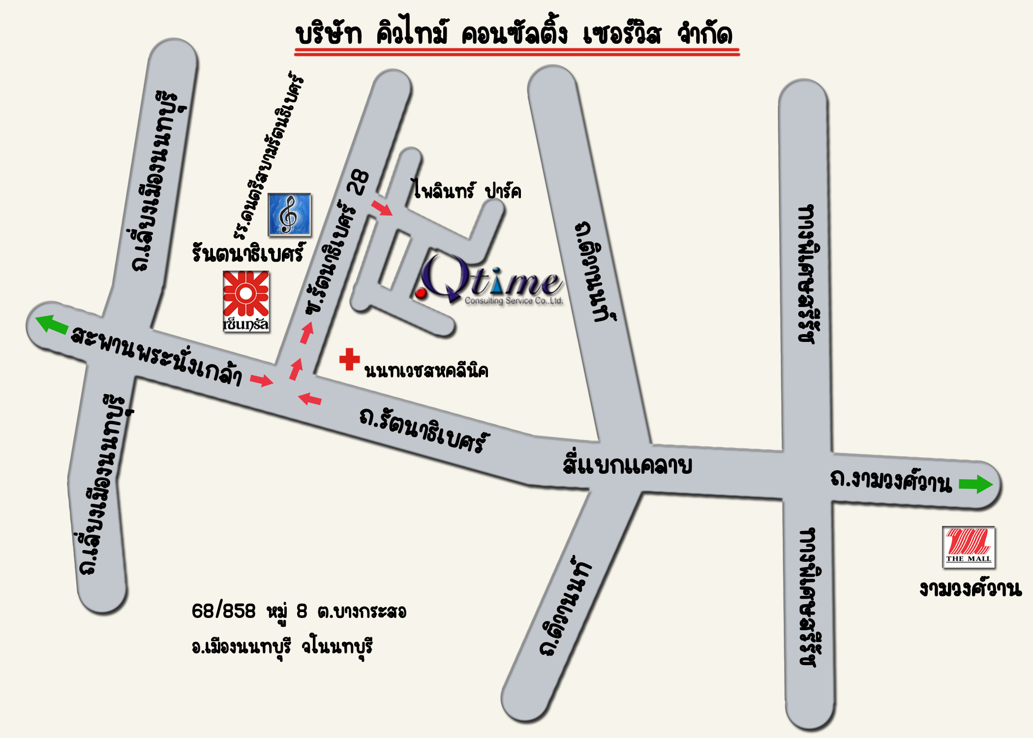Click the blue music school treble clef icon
289,215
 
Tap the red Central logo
246,301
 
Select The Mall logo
968,547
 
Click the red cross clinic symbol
349,359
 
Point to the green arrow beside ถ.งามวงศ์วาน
976,484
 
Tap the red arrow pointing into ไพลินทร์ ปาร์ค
382,208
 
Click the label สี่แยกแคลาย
627,465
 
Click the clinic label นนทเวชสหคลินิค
426,371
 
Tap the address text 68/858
224,611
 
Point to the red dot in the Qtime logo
421,294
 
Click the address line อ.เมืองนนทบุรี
241,646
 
